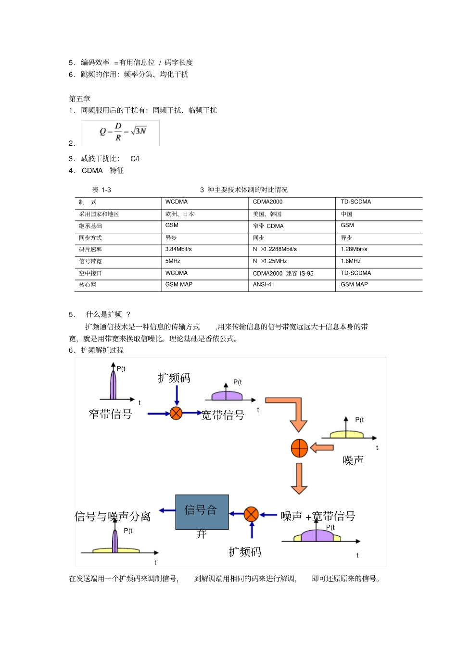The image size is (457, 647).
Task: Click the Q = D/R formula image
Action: pos(121,132)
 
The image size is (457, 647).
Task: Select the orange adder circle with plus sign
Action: pos(299,448)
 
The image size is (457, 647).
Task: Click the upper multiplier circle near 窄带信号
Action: pos(176,413)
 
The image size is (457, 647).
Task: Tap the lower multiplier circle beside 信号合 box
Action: pos(251,514)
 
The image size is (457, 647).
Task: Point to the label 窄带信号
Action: pos(110,414)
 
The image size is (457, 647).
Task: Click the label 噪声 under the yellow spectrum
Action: pos(353,460)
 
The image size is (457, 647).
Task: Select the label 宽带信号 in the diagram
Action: pos(223,415)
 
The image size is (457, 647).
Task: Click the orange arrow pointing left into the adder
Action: pos(322,448)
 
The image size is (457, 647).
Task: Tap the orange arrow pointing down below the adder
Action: pos(299,478)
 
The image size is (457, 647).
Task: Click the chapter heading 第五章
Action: pos(79,99)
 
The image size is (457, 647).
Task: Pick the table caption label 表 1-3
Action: pos(102,190)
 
